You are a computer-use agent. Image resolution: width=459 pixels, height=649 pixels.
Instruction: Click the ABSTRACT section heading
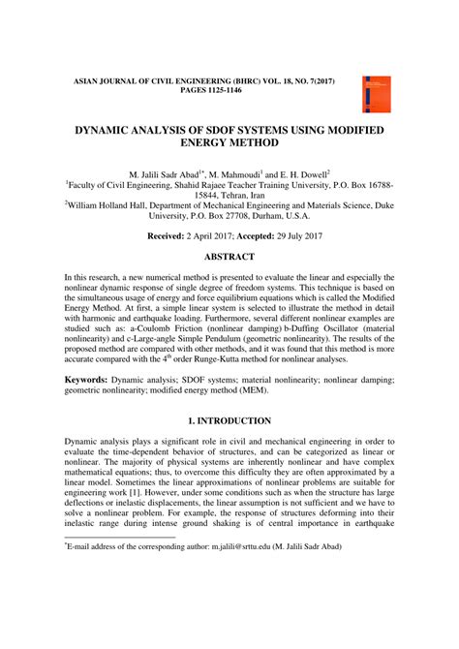tap(229, 257)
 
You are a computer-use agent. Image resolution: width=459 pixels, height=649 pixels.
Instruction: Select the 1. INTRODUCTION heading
tap(229, 448)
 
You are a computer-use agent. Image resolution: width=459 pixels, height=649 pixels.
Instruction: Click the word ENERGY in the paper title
tap(169, 144)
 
